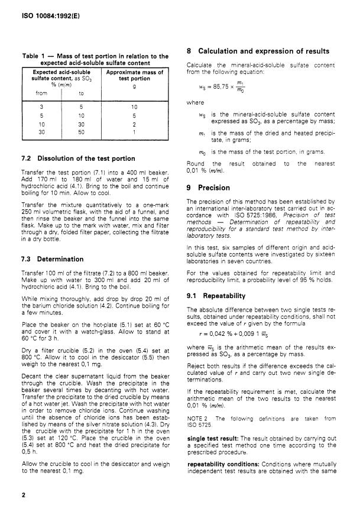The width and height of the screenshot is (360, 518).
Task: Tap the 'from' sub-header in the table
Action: (41, 93)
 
